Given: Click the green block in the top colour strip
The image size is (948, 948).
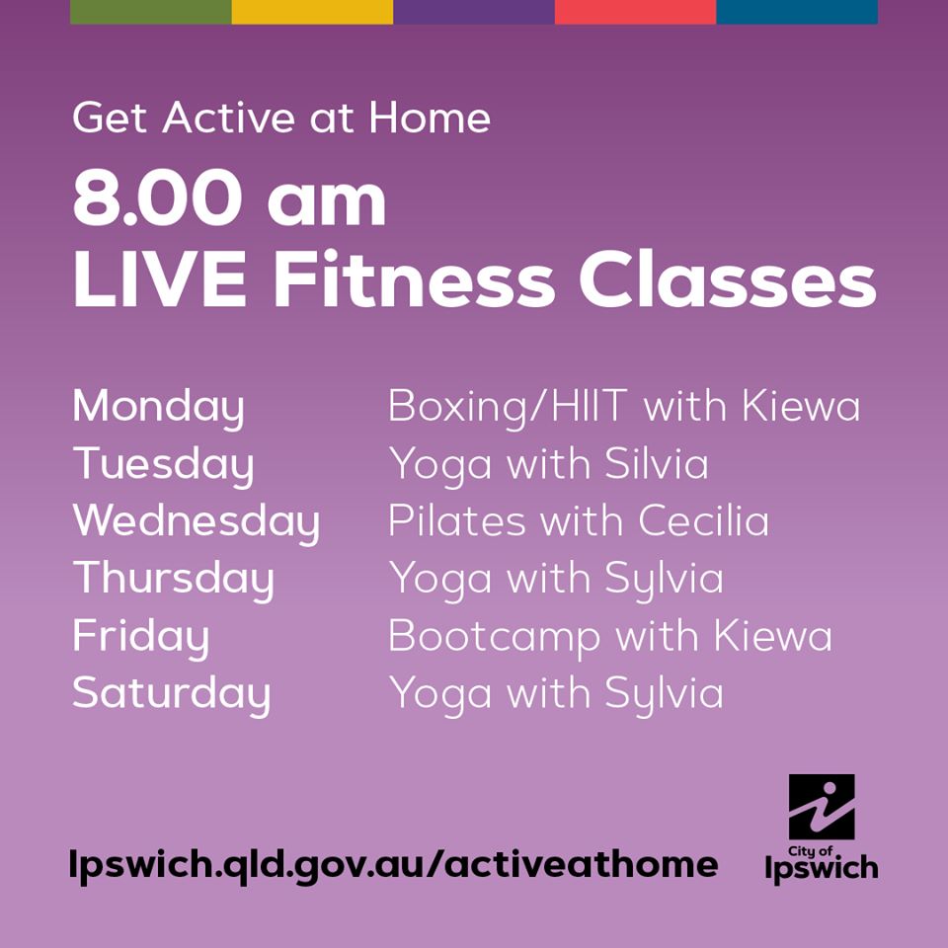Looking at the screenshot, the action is [x=150, y=12].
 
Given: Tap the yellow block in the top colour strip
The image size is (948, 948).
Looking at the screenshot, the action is [x=313, y=12].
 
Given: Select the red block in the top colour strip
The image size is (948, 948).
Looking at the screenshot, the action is [x=635, y=12].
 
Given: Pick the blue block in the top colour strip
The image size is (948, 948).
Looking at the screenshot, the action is [x=797, y=12].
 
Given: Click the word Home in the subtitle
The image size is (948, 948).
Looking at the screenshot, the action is [x=430, y=118].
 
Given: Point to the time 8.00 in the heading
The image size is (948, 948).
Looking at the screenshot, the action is [x=153, y=197].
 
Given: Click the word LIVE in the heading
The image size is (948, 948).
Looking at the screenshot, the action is [x=159, y=278].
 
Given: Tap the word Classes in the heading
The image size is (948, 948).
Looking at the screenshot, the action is [x=728, y=278].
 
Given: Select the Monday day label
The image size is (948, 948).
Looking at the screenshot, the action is [x=158, y=408].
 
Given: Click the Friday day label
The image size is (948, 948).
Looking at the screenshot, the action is [x=141, y=638].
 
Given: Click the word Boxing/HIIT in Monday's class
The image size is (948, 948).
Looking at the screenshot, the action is [x=508, y=408].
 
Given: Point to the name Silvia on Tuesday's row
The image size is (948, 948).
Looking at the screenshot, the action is [x=657, y=464].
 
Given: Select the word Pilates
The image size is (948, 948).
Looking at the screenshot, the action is [x=457, y=520].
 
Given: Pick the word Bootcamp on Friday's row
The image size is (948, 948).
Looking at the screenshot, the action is [x=495, y=638].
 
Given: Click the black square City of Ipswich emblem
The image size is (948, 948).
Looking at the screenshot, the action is [x=822, y=807].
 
